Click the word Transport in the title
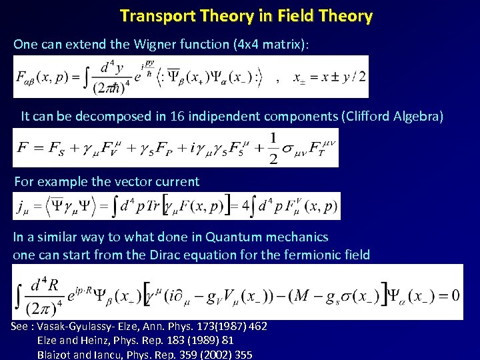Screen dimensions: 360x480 (x=153, y=16)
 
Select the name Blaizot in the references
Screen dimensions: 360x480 (x=56, y=355)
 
